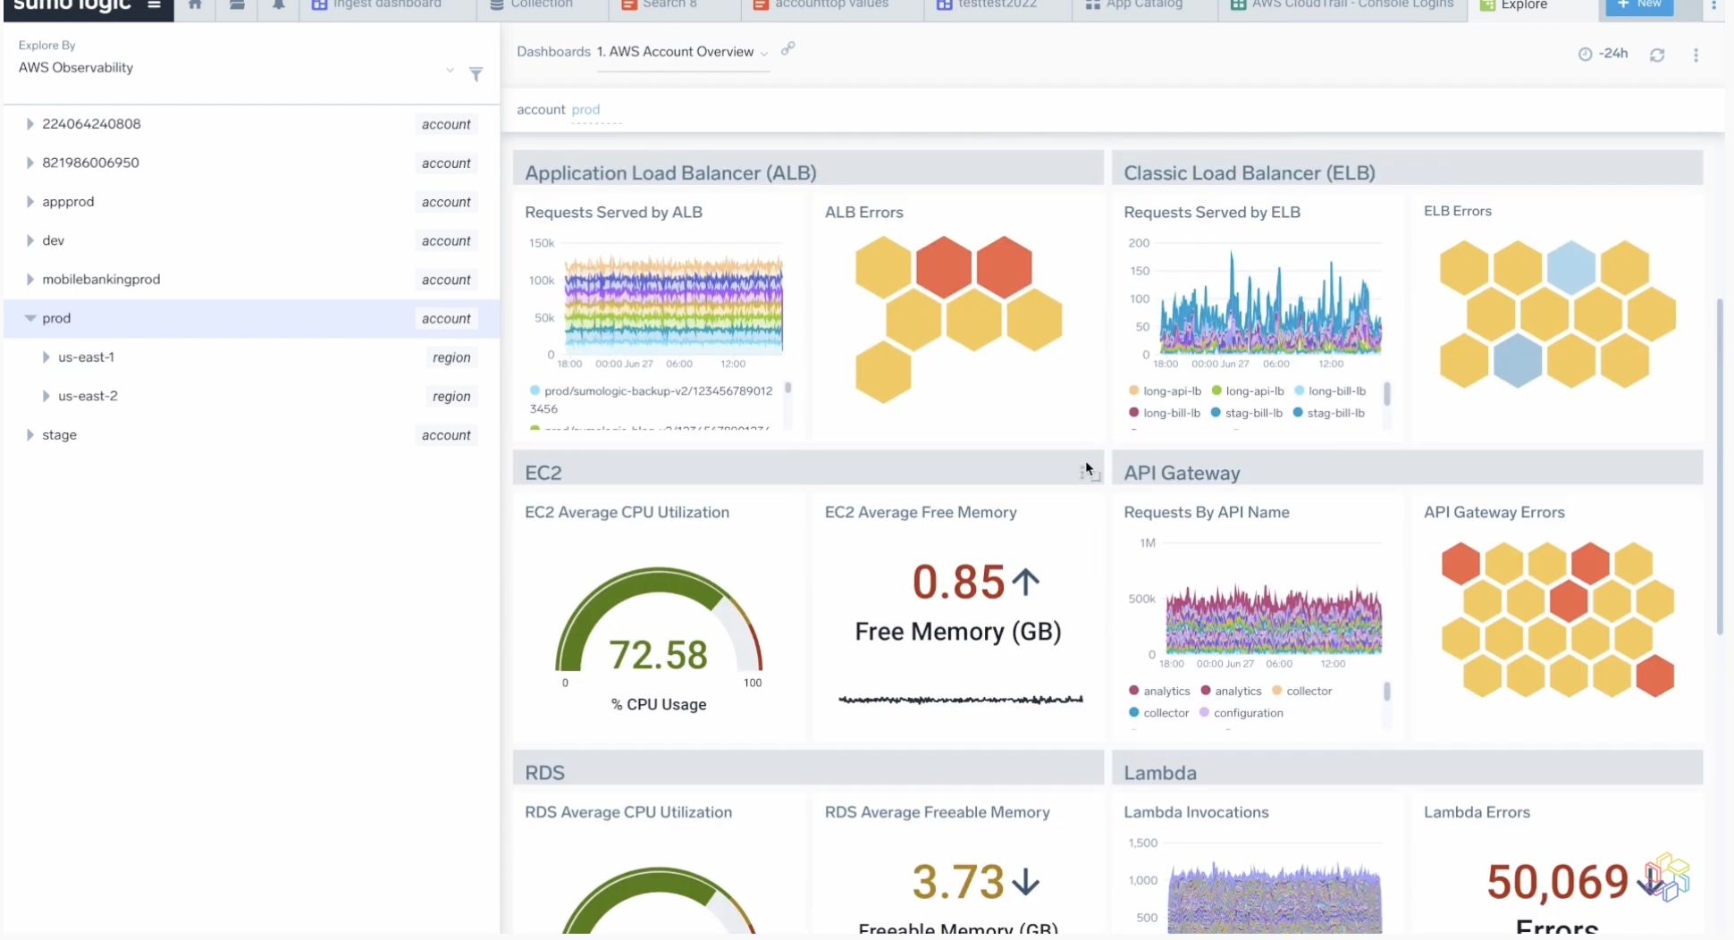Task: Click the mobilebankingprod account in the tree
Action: click(x=101, y=280)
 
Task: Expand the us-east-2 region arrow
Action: click(x=46, y=396)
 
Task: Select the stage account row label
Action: click(x=59, y=435)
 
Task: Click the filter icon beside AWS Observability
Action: click(x=476, y=74)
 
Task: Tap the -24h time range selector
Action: click(x=1604, y=54)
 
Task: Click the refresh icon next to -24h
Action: click(x=1656, y=55)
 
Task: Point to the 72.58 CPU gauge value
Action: click(x=658, y=655)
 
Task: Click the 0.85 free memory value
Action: click(x=958, y=582)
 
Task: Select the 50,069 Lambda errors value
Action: click(x=1557, y=882)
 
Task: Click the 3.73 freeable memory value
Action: click(x=958, y=882)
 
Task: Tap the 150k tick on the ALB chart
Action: click(x=542, y=243)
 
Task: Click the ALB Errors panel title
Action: click(x=863, y=213)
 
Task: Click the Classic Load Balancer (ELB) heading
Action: click(x=1249, y=173)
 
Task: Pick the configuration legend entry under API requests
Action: click(x=1247, y=713)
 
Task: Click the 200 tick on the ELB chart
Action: click(x=1139, y=243)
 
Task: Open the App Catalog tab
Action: click(x=1142, y=4)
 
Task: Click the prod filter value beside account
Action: click(x=585, y=110)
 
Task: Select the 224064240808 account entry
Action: click(x=91, y=124)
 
